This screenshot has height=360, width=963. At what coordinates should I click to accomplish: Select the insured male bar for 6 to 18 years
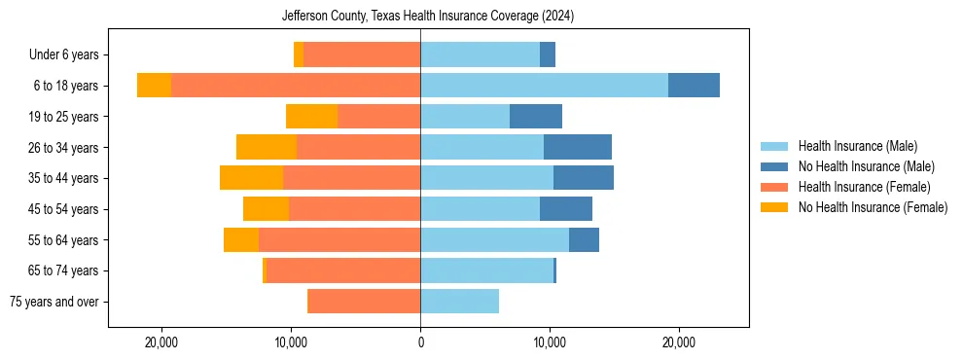[x=544, y=86]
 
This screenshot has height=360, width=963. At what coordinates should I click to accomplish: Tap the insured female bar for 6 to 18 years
[x=296, y=86]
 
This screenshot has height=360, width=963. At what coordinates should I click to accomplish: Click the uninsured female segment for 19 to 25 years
[x=311, y=117]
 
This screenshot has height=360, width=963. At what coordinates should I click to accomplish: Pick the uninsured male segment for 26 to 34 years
[x=578, y=147]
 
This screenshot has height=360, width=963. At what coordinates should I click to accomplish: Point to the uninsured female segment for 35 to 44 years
[x=251, y=178]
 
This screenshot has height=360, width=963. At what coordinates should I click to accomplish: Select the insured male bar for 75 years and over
[x=459, y=302]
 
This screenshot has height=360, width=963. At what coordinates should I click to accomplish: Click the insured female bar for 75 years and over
[x=364, y=302]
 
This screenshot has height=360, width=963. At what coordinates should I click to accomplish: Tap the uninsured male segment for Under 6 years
[x=548, y=54]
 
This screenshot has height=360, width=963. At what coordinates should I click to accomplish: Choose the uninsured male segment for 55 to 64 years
[x=584, y=239]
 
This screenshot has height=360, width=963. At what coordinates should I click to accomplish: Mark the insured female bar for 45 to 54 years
[x=354, y=209]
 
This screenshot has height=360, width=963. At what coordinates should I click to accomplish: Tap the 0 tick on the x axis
[x=420, y=342]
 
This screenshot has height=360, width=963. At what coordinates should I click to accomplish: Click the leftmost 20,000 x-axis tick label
[x=161, y=342]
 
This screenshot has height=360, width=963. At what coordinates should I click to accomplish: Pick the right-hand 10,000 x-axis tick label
[x=550, y=342]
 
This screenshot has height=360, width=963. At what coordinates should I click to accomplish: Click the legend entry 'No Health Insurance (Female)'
[x=873, y=207]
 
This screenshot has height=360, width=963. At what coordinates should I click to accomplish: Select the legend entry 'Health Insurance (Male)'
[x=857, y=146]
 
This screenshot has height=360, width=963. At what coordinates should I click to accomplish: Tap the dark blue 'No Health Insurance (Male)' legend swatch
[x=775, y=166]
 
